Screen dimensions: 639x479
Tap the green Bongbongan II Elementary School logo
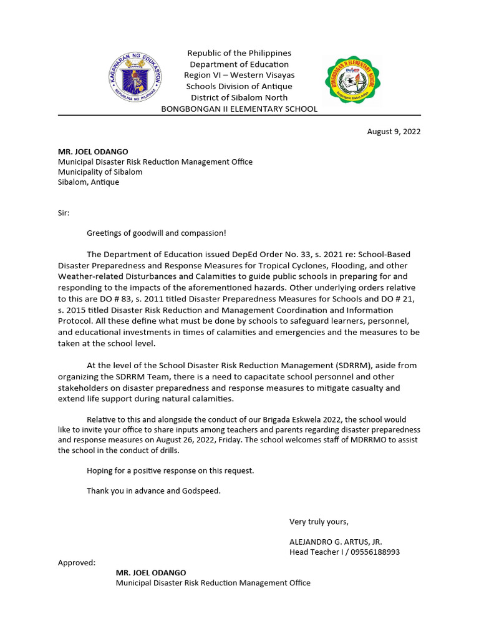pos(352,80)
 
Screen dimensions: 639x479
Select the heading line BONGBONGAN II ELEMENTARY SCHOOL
pos(239,109)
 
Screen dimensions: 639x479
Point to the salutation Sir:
pos(64,213)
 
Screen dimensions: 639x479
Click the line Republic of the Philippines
pos(239,53)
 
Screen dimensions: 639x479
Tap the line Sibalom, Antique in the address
pos(89,182)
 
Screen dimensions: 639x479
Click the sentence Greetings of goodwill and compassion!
pos(157,233)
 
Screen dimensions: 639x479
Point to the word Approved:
pos(77,562)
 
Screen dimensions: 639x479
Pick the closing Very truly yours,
pos(319,522)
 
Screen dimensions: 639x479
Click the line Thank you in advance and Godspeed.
pos(153,491)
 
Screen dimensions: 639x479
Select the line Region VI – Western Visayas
pos(239,75)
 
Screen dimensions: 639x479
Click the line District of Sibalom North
pos(239,97)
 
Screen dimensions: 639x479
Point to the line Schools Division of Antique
pos(239,86)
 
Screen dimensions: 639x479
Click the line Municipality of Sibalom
pos(100,172)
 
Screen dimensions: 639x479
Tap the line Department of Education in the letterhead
pos(239,64)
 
